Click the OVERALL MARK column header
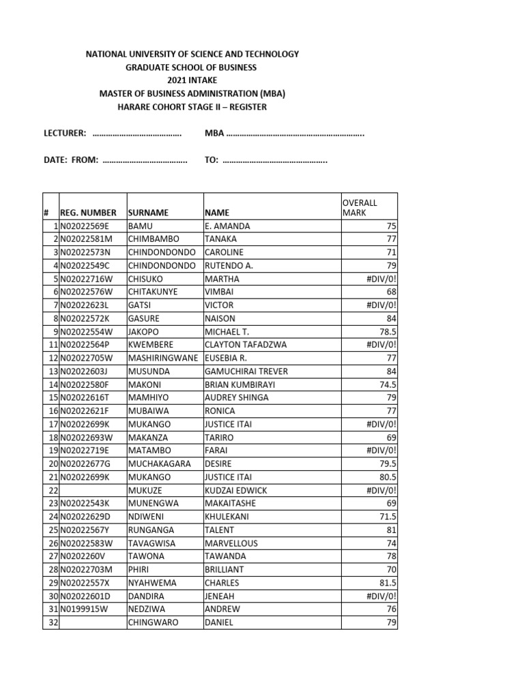coord(359,207)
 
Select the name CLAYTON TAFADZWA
coord(246,345)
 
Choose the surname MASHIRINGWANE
coord(163,358)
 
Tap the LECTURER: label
coord(65,133)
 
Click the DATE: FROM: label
coord(72,161)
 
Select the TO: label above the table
coord(212,161)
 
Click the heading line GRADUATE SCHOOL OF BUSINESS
coord(191,67)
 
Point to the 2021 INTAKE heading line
coord(191,80)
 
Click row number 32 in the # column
coord(53,622)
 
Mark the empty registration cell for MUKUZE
coord(92,490)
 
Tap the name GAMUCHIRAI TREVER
coord(246,371)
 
